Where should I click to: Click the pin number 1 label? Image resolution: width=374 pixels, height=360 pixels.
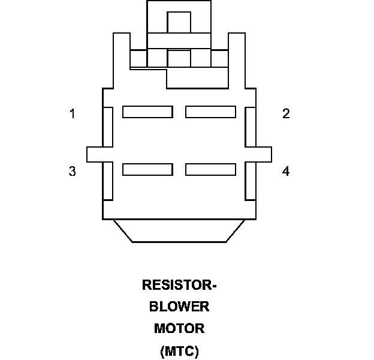pyautogui.click(x=73, y=113)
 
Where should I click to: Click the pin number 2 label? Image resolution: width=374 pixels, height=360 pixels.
pyautogui.click(x=286, y=113)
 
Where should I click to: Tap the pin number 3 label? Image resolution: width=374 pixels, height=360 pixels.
pyautogui.click(x=73, y=171)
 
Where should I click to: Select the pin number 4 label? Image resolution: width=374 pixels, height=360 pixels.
pyautogui.click(x=286, y=171)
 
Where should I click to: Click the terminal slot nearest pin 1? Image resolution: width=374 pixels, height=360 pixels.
pyautogui.click(x=147, y=112)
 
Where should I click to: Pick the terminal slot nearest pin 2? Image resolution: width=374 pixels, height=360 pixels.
pyautogui.click(x=210, y=112)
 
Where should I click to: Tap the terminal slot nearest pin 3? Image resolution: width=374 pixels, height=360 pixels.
pyautogui.click(x=147, y=169)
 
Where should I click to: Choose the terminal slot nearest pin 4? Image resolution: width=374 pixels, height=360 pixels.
pyautogui.click(x=210, y=169)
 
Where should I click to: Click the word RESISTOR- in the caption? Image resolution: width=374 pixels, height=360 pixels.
pyautogui.click(x=179, y=285)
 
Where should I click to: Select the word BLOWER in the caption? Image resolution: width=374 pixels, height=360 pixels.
pyautogui.click(x=179, y=307)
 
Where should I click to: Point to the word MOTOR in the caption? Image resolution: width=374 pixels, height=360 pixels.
pyautogui.click(x=179, y=329)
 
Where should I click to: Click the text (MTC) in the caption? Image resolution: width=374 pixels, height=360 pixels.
pyautogui.click(x=179, y=351)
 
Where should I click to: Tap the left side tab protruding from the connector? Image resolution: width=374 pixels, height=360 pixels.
pyautogui.click(x=95, y=154)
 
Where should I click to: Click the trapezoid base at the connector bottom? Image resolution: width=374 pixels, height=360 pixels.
pyautogui.click(x=179, y=231)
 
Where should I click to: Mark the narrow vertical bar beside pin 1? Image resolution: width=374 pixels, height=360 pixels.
pyautogui.click(x=108, y=127)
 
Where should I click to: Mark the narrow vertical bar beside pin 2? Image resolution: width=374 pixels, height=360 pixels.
pyautogui.click(x=251, y=127)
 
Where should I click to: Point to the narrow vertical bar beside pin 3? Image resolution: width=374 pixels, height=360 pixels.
pyautogui.click(x=108, y=181)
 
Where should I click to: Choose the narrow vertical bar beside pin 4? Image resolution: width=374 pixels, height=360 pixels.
pyautogui.click(x=251, y=181)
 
